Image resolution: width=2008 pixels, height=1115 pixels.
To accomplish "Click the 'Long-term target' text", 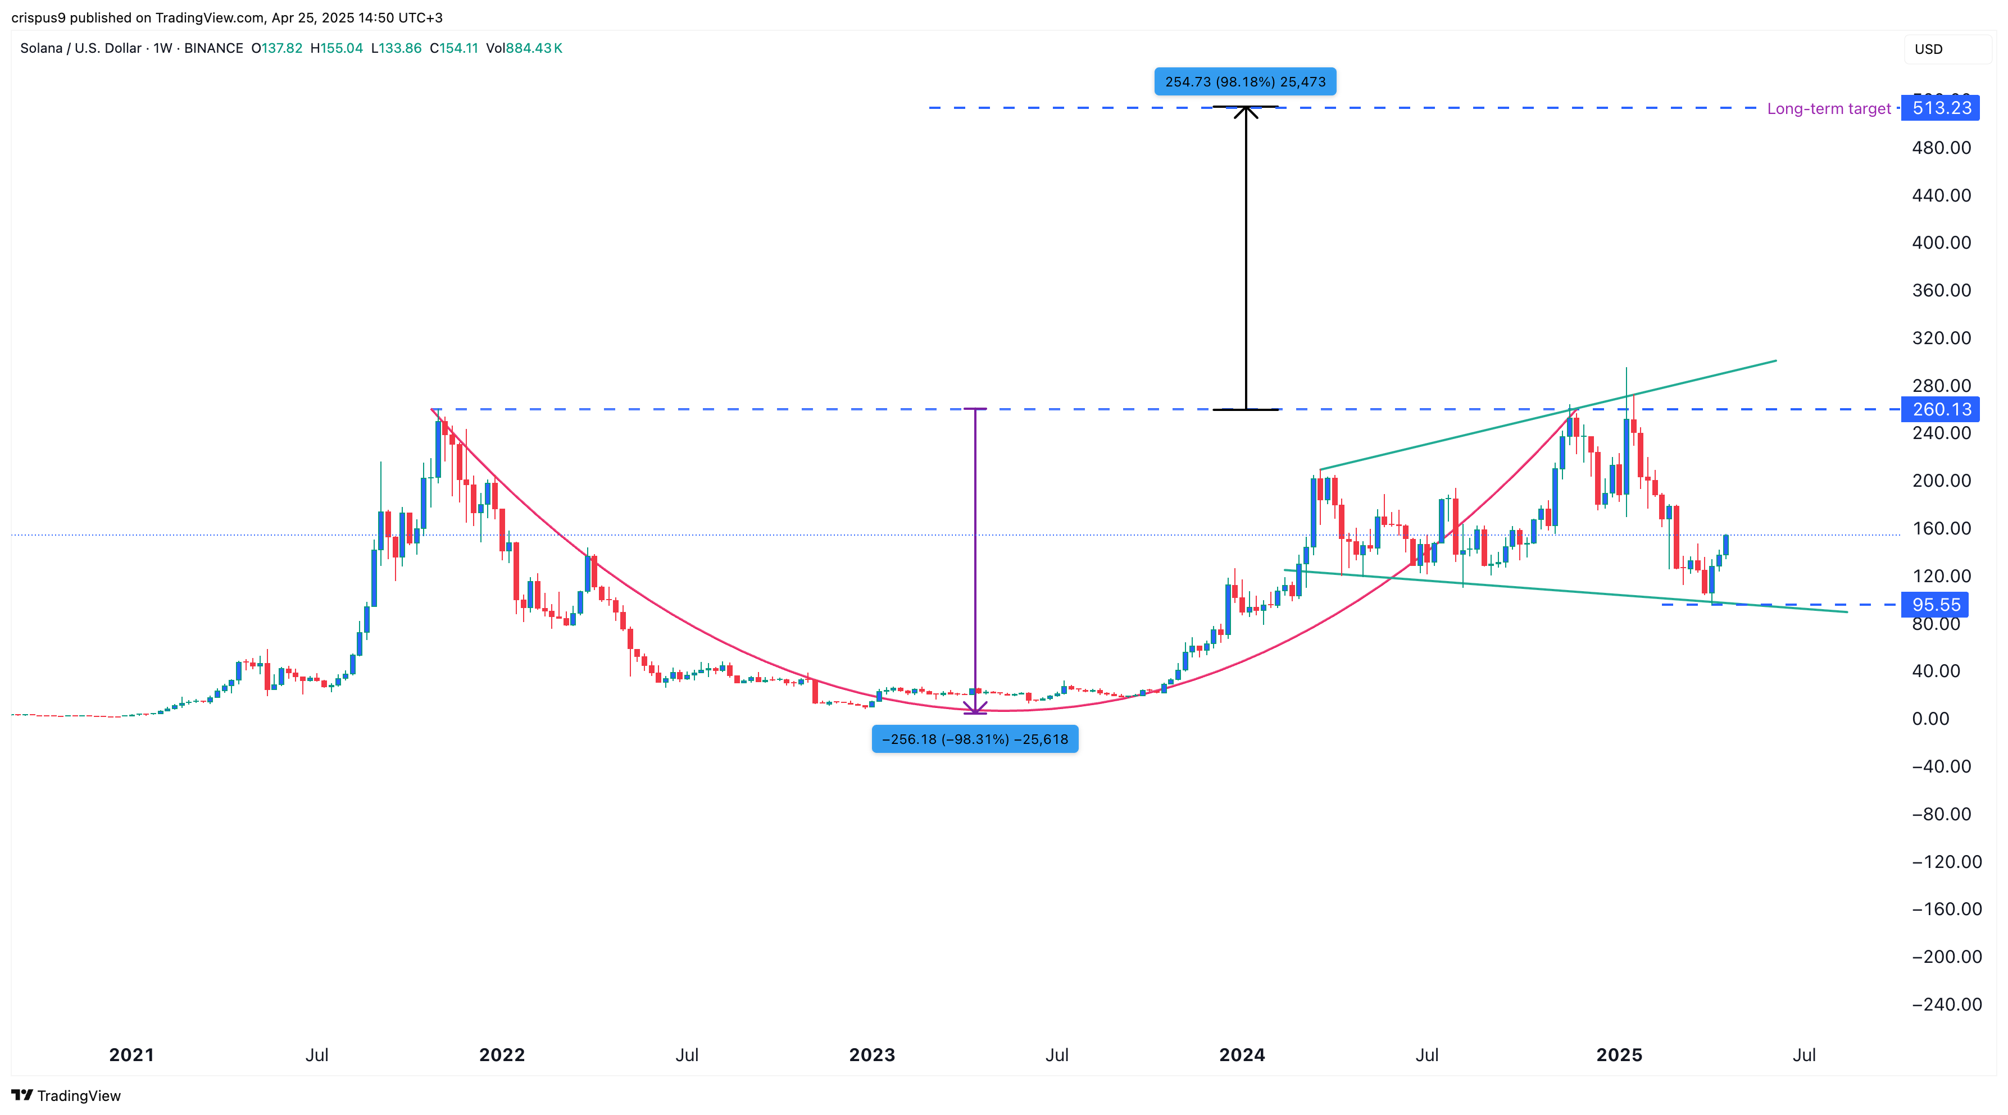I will point(1828,108).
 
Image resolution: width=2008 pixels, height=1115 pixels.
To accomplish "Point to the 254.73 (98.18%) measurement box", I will point(1245,82).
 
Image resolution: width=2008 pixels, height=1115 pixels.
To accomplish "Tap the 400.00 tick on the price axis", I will point(1941,243).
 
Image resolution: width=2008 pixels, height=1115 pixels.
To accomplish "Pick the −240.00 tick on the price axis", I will point(1946,1004).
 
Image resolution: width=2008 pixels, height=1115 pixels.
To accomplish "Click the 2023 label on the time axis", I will point(871,1055).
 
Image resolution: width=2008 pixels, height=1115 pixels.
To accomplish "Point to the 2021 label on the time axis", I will point(131,1055).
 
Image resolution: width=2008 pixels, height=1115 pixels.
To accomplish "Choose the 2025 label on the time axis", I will point(1619,1055).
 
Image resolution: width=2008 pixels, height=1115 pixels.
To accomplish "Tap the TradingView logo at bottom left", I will point(66,1095).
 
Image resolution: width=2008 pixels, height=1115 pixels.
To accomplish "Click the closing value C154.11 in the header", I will point(453,48).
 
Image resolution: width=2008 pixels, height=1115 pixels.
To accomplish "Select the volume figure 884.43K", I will point(533,48).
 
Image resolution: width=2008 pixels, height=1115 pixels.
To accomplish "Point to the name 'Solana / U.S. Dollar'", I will point(80,48).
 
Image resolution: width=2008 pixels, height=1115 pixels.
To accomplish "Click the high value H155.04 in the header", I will point(337,48).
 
